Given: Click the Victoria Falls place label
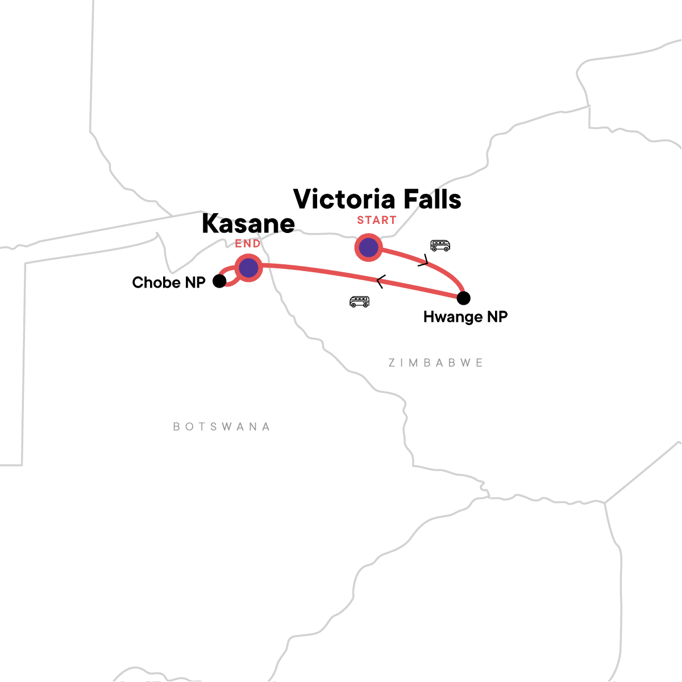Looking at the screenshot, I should tap(377, 199).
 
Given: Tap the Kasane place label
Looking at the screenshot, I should tap(248, 224).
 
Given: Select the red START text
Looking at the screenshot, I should tap(377, 221).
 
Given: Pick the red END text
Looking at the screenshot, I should tap(248, 244).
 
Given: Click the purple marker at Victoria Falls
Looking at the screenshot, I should tap(368, 248).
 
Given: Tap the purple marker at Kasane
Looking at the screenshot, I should tap(248, 268).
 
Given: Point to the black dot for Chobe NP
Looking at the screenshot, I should tap(219, 281).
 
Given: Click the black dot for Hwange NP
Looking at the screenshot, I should tap(464, 298).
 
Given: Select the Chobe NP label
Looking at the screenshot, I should tap(169, 282).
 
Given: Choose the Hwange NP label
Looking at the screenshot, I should tap(465, 317).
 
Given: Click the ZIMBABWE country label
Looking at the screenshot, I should tap(436, 363).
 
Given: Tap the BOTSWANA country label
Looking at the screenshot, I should tap(222, 427).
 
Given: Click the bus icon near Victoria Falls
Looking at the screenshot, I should tap(440, 246).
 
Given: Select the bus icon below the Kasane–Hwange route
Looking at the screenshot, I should tap(359, 302).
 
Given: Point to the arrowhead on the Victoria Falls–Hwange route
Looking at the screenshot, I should tap(423, 261).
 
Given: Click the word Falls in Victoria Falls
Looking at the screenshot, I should tap(429, 199).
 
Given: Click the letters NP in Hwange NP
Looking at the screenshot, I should tap(496, 317).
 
